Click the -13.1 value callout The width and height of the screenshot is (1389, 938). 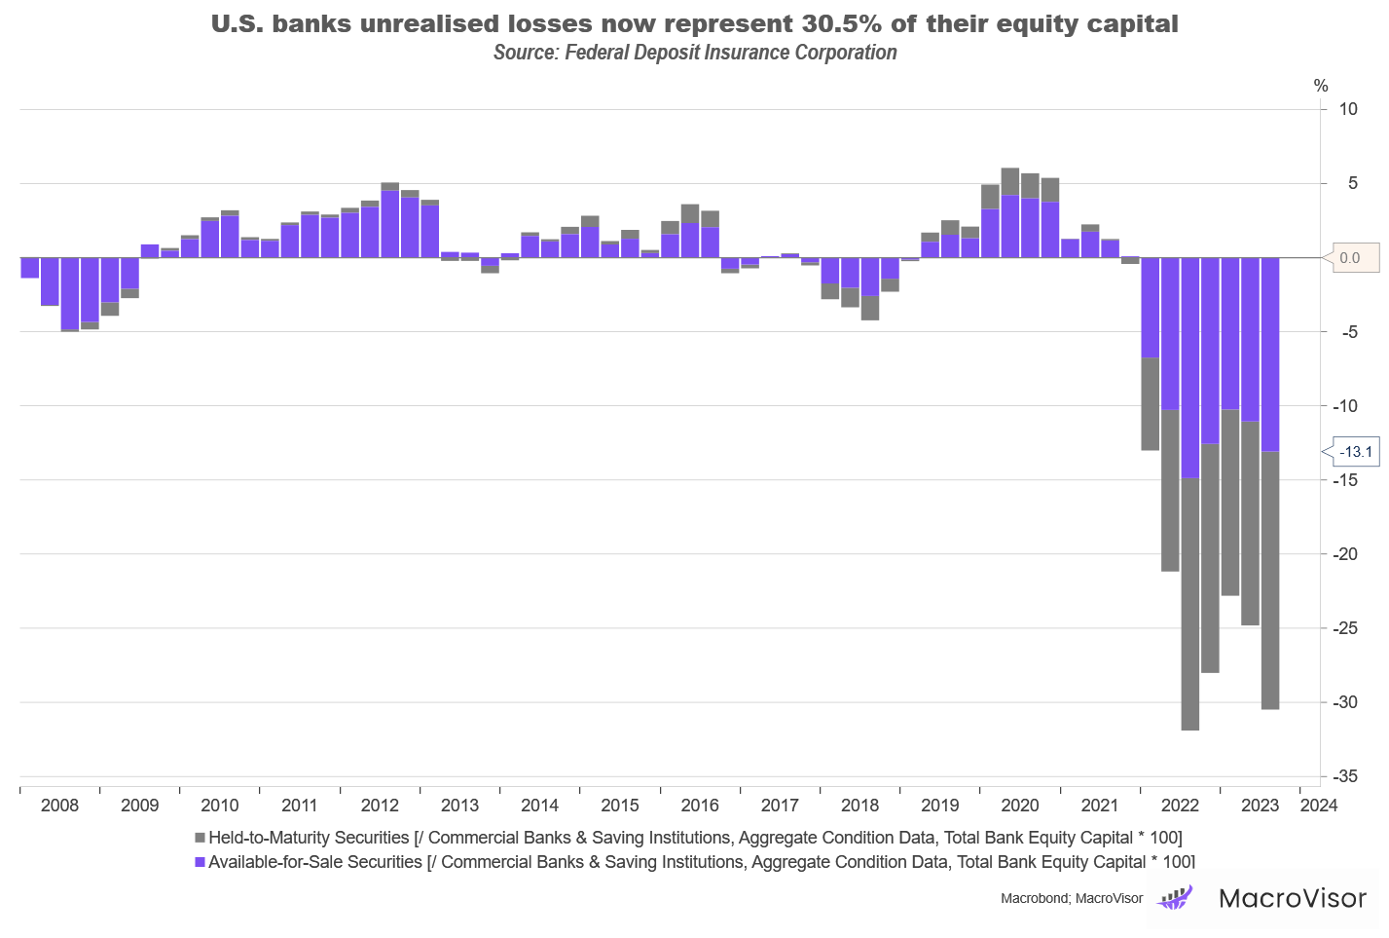tap(1355, 452)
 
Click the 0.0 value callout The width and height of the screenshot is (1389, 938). tap(1349, 258)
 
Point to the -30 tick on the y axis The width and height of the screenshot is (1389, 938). tap(1346, 702)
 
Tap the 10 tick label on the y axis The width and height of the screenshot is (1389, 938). tap(1348, 109)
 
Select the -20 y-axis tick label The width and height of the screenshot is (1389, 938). tap(1346, 554)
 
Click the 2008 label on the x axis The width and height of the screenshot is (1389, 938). tap(59, 806)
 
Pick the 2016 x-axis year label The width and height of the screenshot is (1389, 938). tap(700, 806)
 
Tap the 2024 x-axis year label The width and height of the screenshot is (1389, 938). tap(1318, 806)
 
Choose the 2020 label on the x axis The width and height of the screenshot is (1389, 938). tap(1020, 806)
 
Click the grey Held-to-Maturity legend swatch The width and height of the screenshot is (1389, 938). tap(200, 838)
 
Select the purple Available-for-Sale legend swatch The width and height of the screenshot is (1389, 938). tap(200, 862)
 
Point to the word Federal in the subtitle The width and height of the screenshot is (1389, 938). tap(597, 53)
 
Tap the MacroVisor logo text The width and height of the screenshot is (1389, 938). tap(1293, 897)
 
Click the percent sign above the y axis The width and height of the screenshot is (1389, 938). tap(1321, 86)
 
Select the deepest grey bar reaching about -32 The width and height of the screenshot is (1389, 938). tap(1189, 604)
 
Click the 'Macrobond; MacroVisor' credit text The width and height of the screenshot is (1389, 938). tap(1071, 898)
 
